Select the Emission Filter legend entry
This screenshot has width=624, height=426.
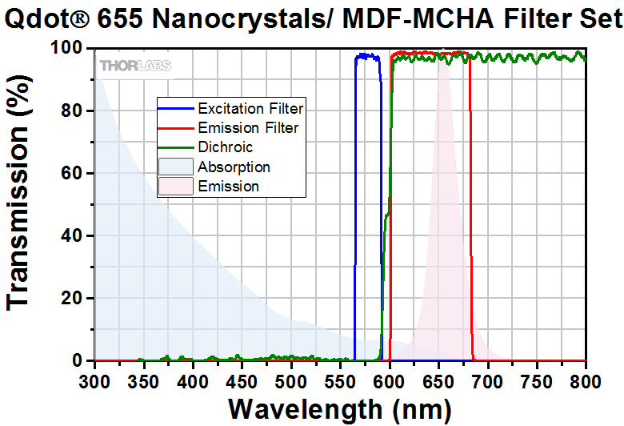[x=248, y=127]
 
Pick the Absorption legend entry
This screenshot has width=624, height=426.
[x=234, y=167]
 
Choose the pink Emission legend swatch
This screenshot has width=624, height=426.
[x=177, y=187]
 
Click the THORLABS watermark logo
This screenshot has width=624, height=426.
[x=134, y=66]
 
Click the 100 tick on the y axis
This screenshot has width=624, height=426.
[x=66, y=49]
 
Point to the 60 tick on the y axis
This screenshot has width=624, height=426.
[x=72, y=174]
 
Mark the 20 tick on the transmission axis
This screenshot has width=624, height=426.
[x=72, y=299]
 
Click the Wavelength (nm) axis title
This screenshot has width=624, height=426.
[x=339, y=408]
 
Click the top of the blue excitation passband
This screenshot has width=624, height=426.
[x=368, y=56]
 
